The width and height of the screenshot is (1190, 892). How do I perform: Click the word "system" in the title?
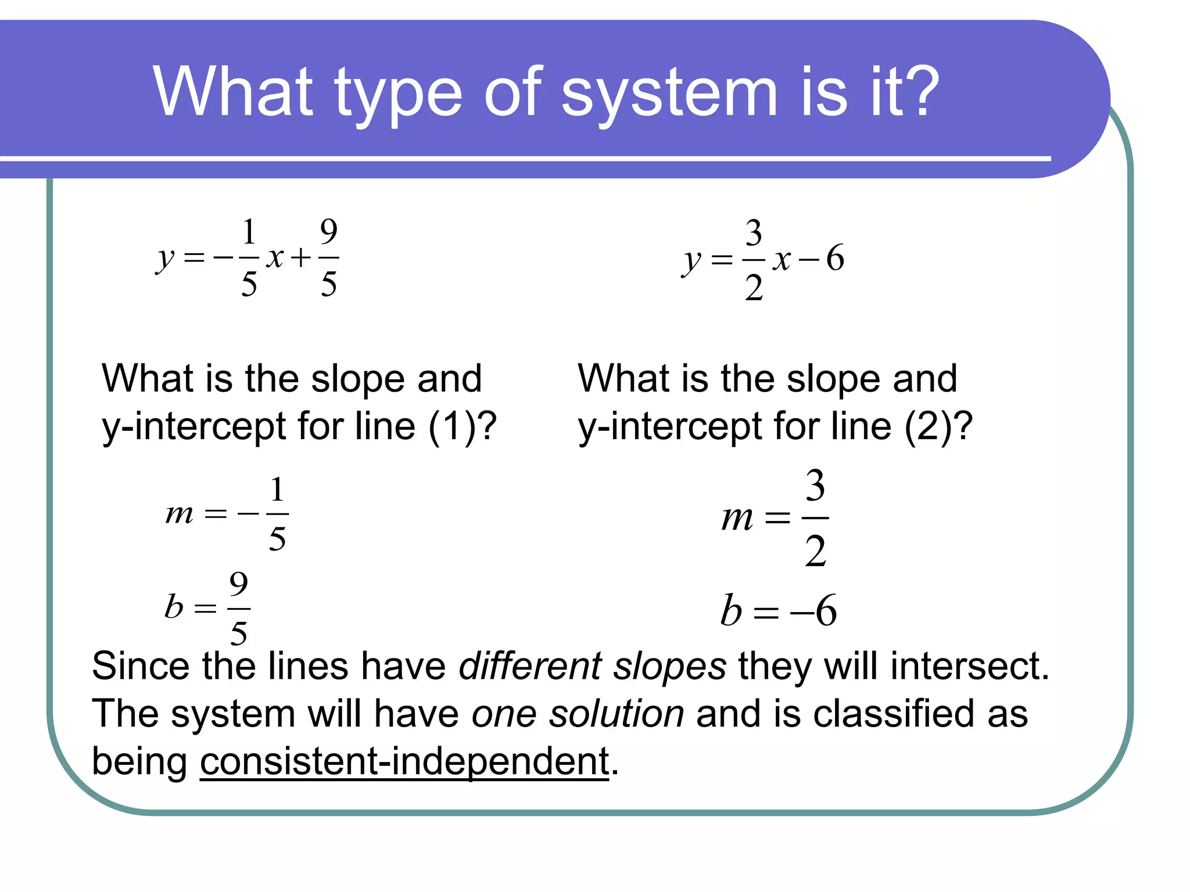669,93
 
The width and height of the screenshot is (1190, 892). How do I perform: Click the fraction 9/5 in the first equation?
329,257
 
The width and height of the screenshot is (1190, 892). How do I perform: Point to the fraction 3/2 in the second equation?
754,260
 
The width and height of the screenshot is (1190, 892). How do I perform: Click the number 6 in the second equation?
835,258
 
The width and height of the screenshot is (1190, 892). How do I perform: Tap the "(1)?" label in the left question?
463,427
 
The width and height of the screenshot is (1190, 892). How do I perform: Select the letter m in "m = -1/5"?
179,513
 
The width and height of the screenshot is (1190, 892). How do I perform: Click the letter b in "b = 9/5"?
174,607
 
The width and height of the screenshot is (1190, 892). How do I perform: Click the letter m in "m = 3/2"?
737,517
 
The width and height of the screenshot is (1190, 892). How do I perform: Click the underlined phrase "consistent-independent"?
404,761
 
